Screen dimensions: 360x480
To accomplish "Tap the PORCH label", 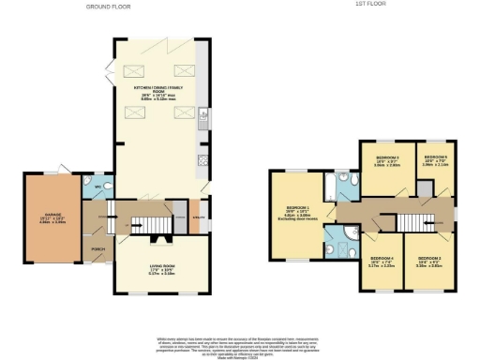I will [97, 250].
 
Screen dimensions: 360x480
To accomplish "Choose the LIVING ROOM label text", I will [161, 271].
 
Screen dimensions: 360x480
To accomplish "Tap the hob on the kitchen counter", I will [202, 162].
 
